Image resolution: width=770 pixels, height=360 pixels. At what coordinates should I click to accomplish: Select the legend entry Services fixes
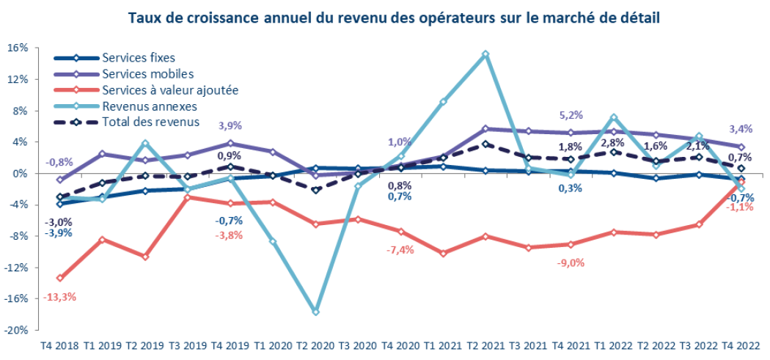(x=139, y=57)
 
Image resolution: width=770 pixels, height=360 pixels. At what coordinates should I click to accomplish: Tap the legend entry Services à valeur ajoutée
(x=170, y=89)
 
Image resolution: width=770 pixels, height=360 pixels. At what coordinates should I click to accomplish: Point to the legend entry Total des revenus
(x=151, y=122)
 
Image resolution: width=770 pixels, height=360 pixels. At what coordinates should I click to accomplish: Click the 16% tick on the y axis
(x=18, y=48)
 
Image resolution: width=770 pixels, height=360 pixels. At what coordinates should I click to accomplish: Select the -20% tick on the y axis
(x=16, y=330)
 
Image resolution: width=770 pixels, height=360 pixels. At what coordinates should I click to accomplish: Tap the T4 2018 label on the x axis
(x=59, y=345)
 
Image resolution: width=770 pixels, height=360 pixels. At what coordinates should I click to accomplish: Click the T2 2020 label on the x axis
(x=315, y=345)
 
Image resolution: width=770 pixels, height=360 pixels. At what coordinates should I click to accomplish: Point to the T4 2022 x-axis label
(x=741, y=345)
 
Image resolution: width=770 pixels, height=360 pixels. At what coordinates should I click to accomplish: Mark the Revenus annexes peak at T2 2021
(x=485, y=54)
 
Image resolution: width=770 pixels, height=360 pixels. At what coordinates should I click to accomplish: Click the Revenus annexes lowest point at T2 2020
(x=315, y=312)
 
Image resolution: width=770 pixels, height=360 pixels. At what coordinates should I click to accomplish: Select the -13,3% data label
(x=60, y=297)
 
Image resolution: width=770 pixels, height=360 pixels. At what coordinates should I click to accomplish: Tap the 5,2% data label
(x=570, y=114)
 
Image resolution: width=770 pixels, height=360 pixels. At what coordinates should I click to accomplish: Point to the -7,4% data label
(x=400, y=250)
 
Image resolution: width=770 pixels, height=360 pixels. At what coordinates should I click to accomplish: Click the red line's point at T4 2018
(x=59, y=278)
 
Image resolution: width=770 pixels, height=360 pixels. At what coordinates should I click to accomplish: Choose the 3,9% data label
(x=230, y=125)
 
